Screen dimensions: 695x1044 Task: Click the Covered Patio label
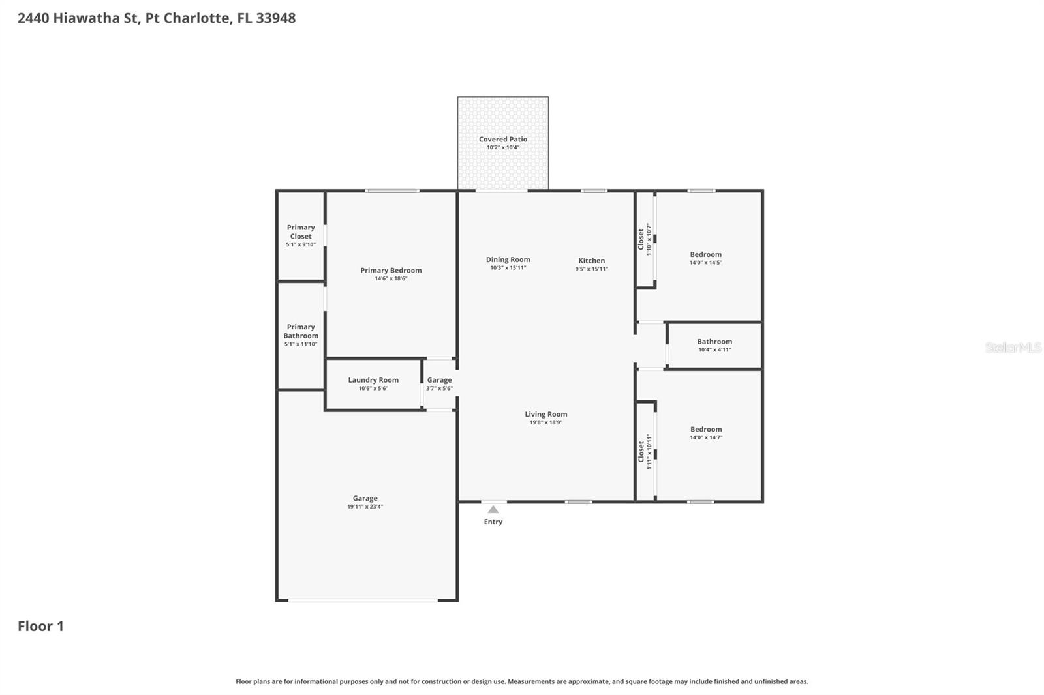pyautogui.click(x=502, y=139)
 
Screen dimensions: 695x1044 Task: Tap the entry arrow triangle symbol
pyautogui.click(x=493, y=510)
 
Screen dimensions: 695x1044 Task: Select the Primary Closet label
pyautogui.click(x=301, y=232)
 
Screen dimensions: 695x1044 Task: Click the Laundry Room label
pyautogui.click(x=373, y=380)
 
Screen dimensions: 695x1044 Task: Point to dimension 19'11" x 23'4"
pyautogui.click(x=365, y=507)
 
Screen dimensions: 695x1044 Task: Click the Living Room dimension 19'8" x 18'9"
pyautogui.click(x=545, y=422)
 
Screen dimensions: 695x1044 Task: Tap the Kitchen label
pyautogui.click(x=591, y=261)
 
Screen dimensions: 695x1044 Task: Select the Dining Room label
pyautogui.click(x=508, y=259)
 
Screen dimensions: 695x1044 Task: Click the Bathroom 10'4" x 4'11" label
pyautogui.click(x=714, y=342)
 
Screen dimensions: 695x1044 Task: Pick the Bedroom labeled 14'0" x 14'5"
pyautogui.click(x=705, y=255)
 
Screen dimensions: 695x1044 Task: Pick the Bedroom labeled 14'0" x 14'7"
pyautogui.click(x=705, y=430)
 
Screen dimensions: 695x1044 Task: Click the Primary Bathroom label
pyautogui.click(x=301, y=331)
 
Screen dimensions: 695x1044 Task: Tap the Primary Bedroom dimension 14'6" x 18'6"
pyautogui.click(x=391, y=278)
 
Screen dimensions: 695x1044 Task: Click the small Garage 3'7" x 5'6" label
pyautogui.click(x=439, y=380)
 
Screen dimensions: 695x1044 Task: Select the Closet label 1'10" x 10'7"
pyautogui.click(x=641, y=239)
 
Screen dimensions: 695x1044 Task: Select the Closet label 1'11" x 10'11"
pyautogui.click(x=641, y=451)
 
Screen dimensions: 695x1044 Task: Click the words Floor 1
pyautogui.click(x=40, y=626)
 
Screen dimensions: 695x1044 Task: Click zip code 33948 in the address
pyautogui.click(x=275, y=18)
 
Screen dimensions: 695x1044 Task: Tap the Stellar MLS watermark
pyautogui.click(x=1013, y=347)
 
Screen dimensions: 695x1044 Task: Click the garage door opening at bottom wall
pyautogui.click(x=363, y=600)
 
